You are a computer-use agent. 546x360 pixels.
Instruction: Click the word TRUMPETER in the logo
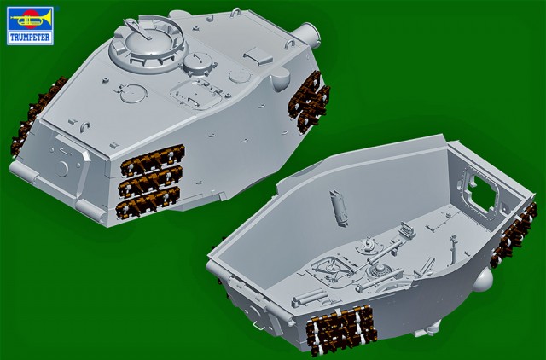(x=30, y=38)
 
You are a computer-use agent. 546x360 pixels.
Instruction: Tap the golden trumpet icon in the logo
(x=31, y=19)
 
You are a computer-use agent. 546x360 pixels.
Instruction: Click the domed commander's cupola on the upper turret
(x=148, y=44)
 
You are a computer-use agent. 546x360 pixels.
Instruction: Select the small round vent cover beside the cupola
(x=198, y=64)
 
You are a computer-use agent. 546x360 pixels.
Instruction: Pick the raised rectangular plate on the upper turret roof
(x=258, y=55)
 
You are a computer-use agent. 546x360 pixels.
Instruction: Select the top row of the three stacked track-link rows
(x=152, y=160)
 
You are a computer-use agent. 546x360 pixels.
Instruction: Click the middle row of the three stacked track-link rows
(x=150, y=180)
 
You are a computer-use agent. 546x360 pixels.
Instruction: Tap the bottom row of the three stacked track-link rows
(x=148, y=201)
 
